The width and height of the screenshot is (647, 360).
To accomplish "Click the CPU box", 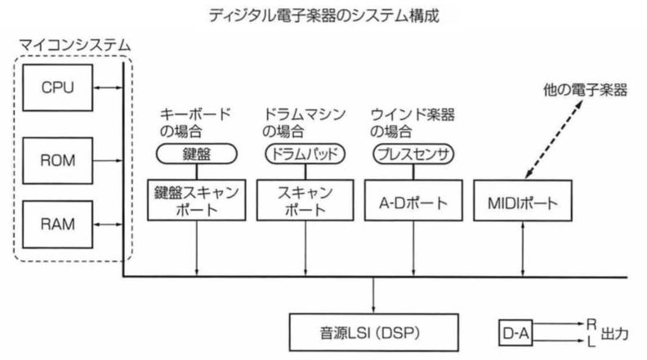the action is pos(57,87).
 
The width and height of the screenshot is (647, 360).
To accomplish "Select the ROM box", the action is pos(57,161).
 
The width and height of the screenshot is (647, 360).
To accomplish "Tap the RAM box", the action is pos(57,224).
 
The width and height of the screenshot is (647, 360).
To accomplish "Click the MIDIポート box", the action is pos(522,201).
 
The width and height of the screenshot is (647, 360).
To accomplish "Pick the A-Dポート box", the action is pos(413,200).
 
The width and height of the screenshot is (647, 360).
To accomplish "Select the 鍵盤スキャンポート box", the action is pos(196,200).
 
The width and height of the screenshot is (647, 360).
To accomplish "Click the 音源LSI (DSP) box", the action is pos(374,332).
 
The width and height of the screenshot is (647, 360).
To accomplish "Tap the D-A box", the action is pos(515,332).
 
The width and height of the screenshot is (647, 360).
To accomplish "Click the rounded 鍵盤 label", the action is pos(196,153).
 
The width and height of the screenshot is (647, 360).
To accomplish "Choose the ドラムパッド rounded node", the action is pos(305,153).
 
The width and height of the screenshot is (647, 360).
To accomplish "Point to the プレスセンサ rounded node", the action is pos(413,153).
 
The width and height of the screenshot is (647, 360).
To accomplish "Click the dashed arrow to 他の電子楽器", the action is pos(554,140).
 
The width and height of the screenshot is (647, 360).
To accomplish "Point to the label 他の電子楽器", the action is pos(585,90).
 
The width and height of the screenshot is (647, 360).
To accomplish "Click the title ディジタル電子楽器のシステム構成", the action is pos(324,16).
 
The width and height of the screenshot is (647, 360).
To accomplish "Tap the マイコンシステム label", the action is pos(74,45).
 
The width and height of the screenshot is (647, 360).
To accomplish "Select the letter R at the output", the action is pos(591,324).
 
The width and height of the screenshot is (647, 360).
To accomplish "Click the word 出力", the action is pos(615,333).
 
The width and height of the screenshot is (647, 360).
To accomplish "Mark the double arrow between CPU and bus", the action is pos(108,87).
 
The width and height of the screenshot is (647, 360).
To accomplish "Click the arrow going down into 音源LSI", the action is pos(373,296).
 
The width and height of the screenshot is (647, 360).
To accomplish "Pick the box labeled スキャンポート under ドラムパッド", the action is pos(305,200).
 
